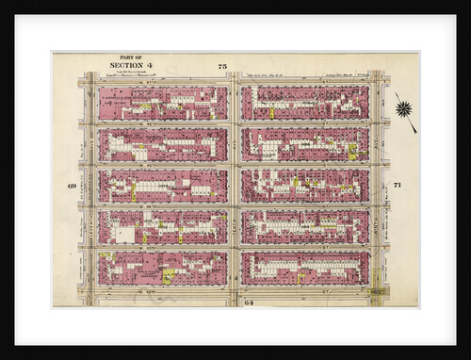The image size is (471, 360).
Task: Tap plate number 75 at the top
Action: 222,66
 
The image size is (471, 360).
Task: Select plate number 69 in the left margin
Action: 72,185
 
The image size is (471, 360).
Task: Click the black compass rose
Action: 404,108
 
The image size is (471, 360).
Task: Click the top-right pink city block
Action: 304,103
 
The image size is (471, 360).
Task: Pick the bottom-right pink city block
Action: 304,268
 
